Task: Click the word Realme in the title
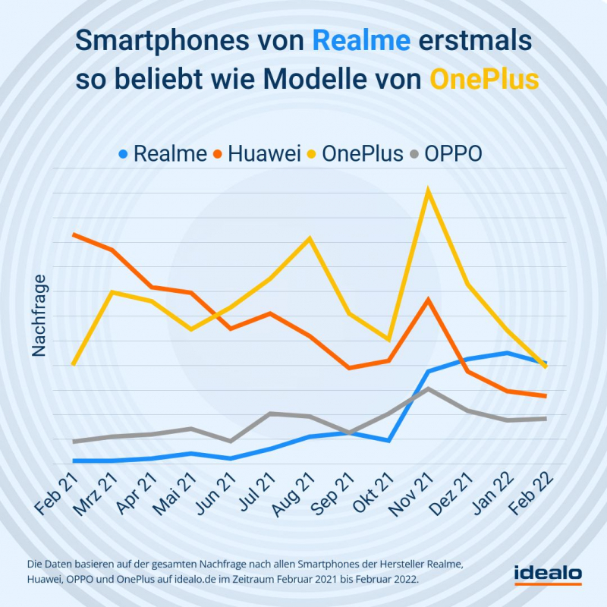click(361, 41)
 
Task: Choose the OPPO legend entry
click(453, 153)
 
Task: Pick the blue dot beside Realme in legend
click(124, 154)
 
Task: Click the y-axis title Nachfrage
click(39, 315)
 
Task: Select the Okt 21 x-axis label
click(370, 493)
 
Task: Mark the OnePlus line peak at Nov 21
click(429, 190)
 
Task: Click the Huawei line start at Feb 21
click(74, 234)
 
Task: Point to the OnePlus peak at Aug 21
click(310, 238)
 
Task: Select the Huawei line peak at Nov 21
click(429, 299)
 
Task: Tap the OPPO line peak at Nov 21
click(429, 388)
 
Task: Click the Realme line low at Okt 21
click(389, 440)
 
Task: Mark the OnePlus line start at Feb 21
click(74, 364)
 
